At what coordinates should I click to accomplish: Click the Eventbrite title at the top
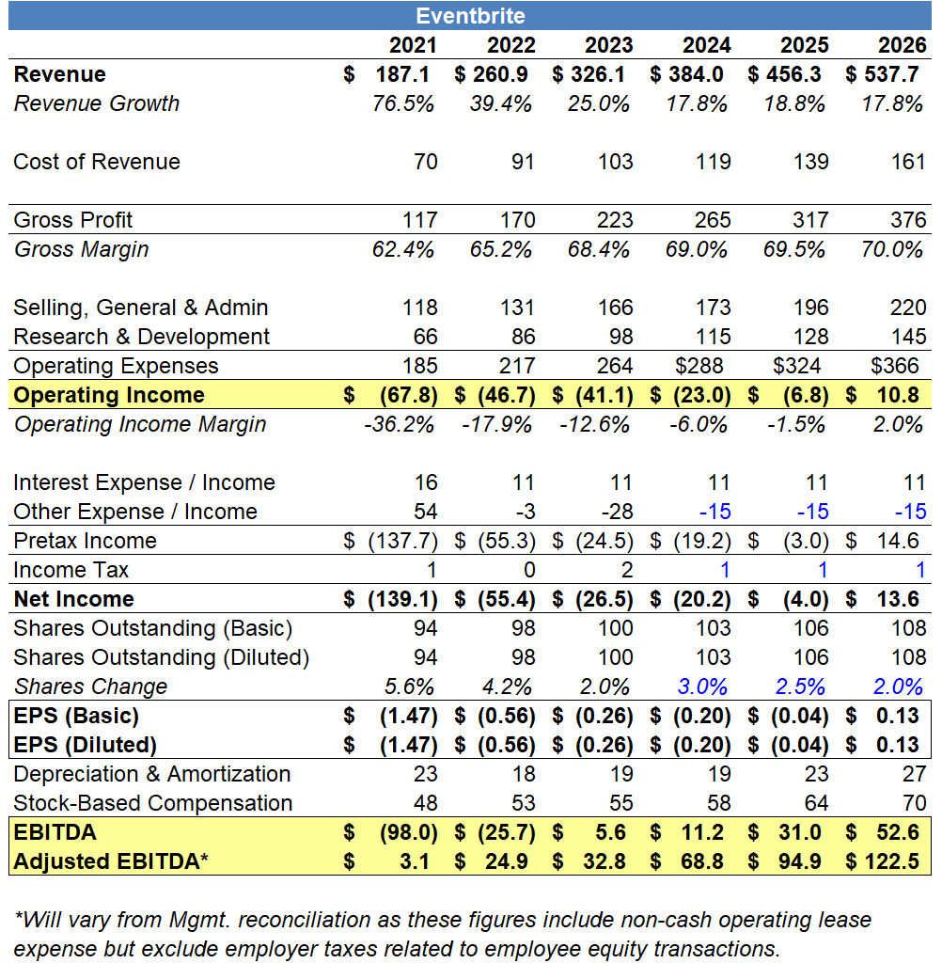470,16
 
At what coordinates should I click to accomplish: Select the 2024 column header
707,45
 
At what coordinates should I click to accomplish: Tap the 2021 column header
414,45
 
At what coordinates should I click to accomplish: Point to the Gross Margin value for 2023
598,250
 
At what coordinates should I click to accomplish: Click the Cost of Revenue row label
97,163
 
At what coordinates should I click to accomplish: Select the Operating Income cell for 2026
897,396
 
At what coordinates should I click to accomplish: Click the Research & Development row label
141,338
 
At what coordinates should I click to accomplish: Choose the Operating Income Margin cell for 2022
501,425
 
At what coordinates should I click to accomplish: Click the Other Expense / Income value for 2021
426,513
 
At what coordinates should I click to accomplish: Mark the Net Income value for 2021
401,600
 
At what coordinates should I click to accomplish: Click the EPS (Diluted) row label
84,746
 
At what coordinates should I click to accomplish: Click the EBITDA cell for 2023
618,833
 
